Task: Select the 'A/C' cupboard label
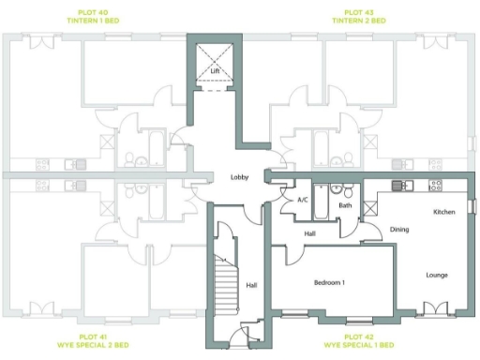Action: point(303,200)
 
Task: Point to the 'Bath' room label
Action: point(345,205)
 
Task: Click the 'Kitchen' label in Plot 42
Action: point(443,212)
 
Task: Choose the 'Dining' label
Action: point(399,229)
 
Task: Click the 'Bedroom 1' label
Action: point(329,282)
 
